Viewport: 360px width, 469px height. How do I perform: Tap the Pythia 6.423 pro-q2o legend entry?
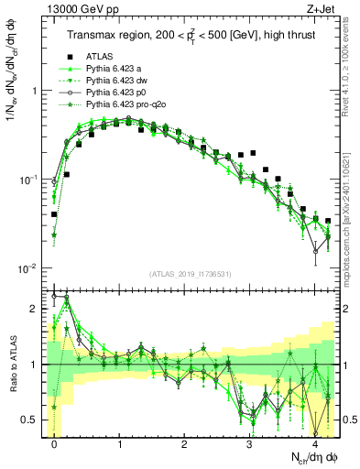coord(127,105)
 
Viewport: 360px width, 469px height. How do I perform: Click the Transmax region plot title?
coord(190,36)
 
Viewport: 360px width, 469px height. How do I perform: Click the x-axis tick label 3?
coord(250,444)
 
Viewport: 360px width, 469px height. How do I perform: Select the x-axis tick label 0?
coord(55,444)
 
